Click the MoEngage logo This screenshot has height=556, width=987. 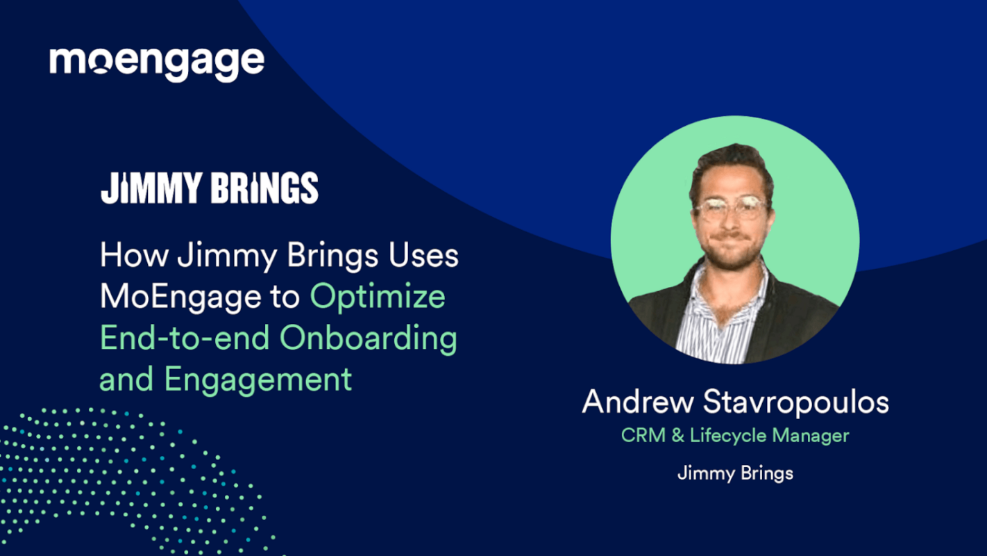(x=156, y=63)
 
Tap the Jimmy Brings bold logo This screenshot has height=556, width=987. (x=209, y=188)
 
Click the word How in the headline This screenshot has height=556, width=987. (x=134, y=256)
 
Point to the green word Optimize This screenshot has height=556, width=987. (x=378, y=297)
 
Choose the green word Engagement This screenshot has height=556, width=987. (x=258, y=379)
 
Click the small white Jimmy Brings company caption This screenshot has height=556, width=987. (x=735, y=473)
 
